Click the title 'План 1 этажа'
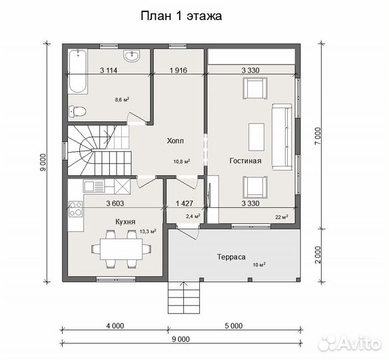pyautogui.click(x=181, y=16)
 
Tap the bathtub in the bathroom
pyautogui.click(x=78, y=72)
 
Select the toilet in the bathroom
pyautogui.click(x=77, y=111)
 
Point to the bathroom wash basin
pyautogui.click(x=131, y=55)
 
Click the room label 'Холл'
pyautogui.click(x=175, y=141)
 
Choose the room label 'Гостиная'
pyautogui.click(x=245, y=161)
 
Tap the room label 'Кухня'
pyautogui.click(x=125, y=221)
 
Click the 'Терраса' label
pyautogui.click(x=231, y=257)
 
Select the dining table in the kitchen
pyautogui.click(x=121, y=249)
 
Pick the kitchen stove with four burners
pyautogui.click(x=75, y=209)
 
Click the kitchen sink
pyautogui.click(x=94, y=187)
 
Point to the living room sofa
pyautogui.click(x=282, y=137)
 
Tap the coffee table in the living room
pyautogui.click(x=256, y=137)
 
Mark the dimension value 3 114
pyautogui.click(x=109, y=70)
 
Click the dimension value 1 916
pyautogui.click(x=178, y=70)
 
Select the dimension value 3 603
pyautogui.click(x=115, y=203)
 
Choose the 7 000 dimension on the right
pyautogui.click(x=318, y=136)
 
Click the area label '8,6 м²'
pyautogui.click(x=122, y=100)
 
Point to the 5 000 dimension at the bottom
pyautogui.click(x=234, y=325)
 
